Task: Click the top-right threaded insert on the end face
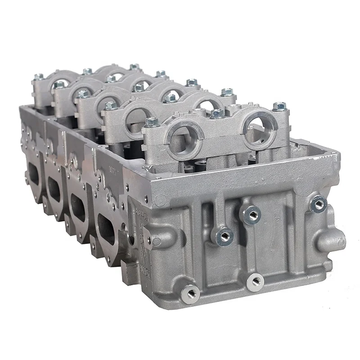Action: coord(318,204)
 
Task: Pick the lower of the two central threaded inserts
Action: coord(224,236)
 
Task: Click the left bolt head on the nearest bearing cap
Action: coord(151,122)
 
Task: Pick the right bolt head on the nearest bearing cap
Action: coord(279,107)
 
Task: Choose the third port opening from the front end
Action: coord(54,189)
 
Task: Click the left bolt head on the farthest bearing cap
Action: coord(39,77)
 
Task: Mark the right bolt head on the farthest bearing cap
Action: coord(134,67)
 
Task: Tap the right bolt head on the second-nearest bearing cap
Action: coord(227,92)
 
